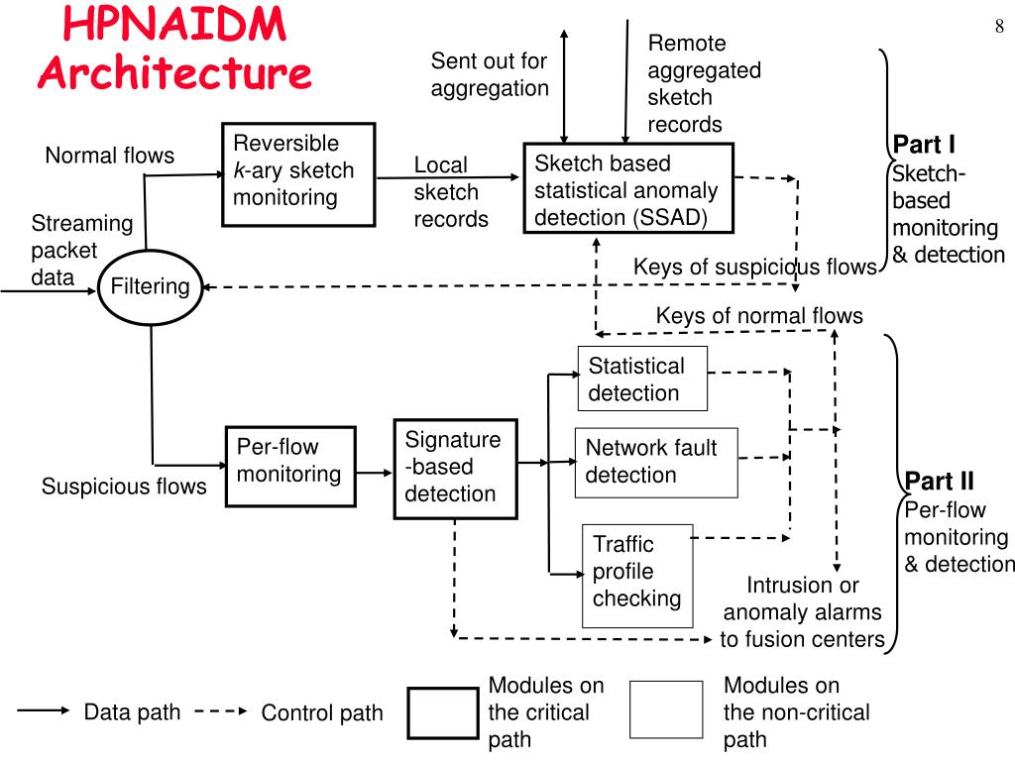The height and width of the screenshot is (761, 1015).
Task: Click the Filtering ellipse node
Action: (151, 287)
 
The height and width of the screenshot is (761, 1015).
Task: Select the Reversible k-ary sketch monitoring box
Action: (297, 172)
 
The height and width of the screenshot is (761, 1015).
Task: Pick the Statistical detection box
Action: (642, 379)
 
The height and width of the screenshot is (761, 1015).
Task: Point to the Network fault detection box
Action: (656, 462)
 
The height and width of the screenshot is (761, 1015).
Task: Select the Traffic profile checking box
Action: (636, 574)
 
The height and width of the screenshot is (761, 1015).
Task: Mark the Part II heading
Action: (939, 483)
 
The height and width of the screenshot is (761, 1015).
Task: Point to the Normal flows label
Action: (109, 156)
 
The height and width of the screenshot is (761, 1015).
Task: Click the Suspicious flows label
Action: (124, 487)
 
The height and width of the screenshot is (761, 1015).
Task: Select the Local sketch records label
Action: (450, 192)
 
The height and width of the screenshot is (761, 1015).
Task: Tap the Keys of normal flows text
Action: (759, 316)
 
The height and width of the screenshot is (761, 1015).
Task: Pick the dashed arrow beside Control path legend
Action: (221, 711)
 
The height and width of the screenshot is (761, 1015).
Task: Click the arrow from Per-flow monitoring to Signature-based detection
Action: (374, 474)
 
